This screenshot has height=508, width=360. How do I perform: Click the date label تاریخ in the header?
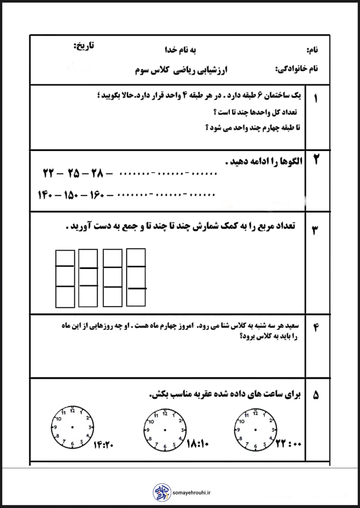point(84,46)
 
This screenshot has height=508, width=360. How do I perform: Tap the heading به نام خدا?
point(180,50)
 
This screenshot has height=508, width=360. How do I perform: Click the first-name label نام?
point(312,50)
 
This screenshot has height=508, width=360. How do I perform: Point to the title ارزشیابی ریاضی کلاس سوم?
point(181,70)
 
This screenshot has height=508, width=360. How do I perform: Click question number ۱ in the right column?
point(316,99)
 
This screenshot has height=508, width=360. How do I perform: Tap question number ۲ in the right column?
point(316,159)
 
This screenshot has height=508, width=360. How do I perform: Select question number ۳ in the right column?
point(315,230)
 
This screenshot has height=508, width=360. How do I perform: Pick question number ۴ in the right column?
point(316,327)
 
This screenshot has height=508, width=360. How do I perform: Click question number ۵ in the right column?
point(316,395)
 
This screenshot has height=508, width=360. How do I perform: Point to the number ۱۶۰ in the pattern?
point(97,195)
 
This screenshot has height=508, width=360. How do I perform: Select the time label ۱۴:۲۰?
point(104,445)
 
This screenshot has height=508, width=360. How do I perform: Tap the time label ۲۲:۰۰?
point(288,444)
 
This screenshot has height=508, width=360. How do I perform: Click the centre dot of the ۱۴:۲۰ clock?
point(73,427)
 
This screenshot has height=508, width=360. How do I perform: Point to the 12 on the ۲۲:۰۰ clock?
point(255,413)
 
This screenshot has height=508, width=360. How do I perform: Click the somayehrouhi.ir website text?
point(192,493)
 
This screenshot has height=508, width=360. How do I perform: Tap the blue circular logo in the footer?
point(162,492)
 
